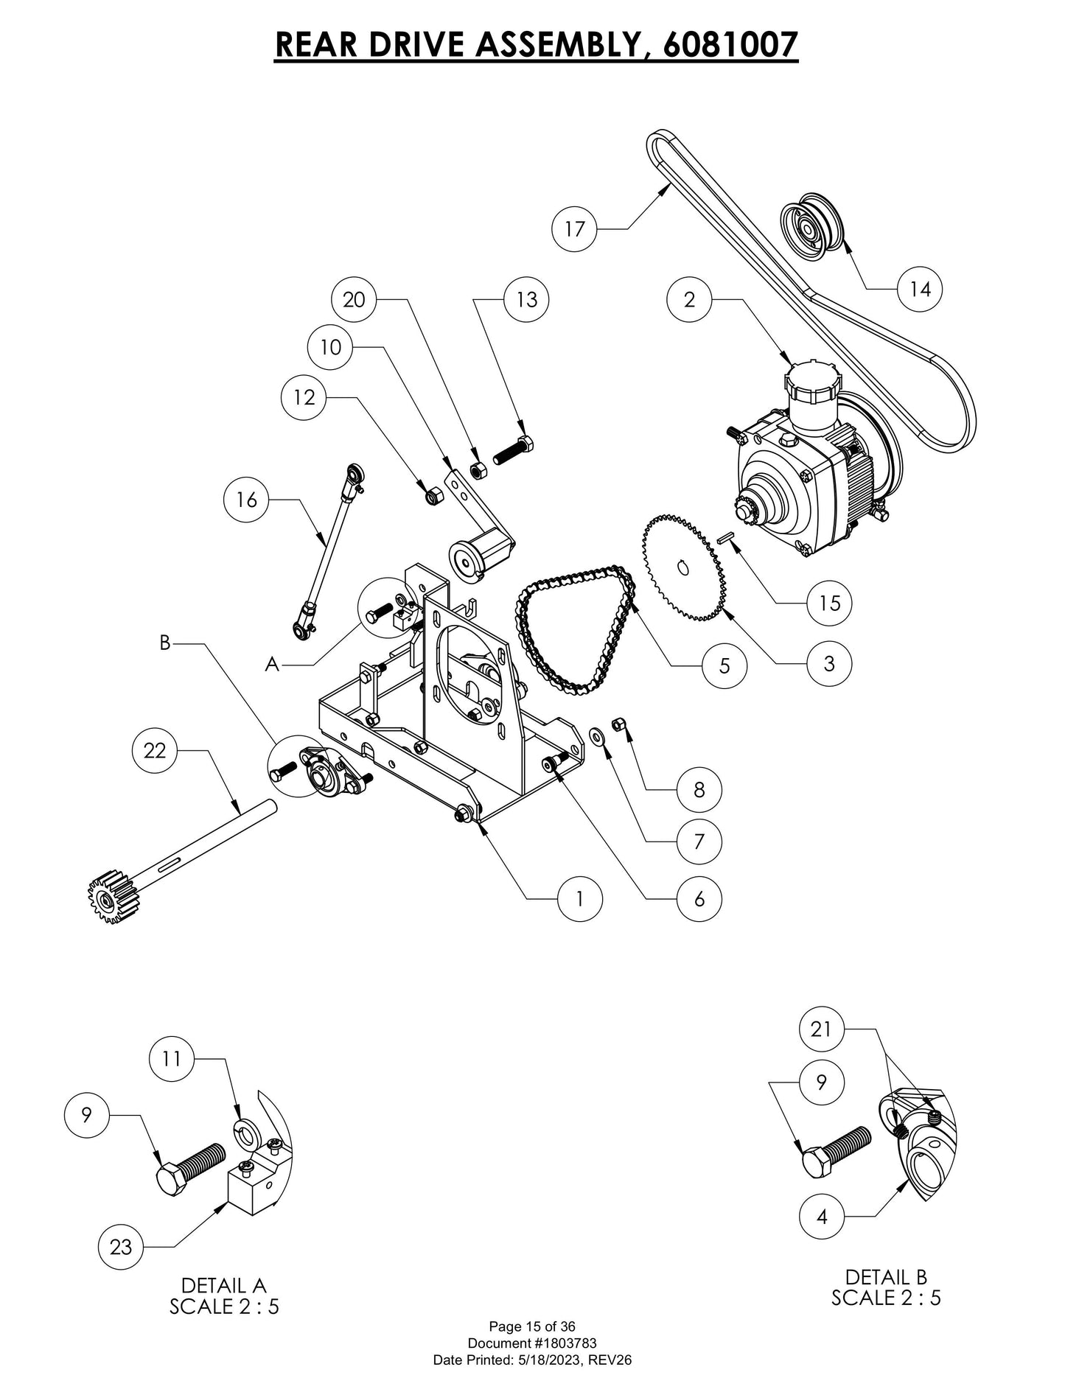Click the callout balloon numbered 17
pos(574,229)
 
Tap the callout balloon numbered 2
pos(689,299)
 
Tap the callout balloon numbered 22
pos(155,751)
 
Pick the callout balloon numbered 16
pos(246,500)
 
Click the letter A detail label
pos(273,665)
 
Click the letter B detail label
pos(165,643)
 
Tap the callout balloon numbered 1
pos(580,898)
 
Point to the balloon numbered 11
pos(171,1059)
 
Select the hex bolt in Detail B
pos(835,1152)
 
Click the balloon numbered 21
pos(822,1029)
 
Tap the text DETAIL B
pos(886,1276)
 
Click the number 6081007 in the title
pos(730,44)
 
